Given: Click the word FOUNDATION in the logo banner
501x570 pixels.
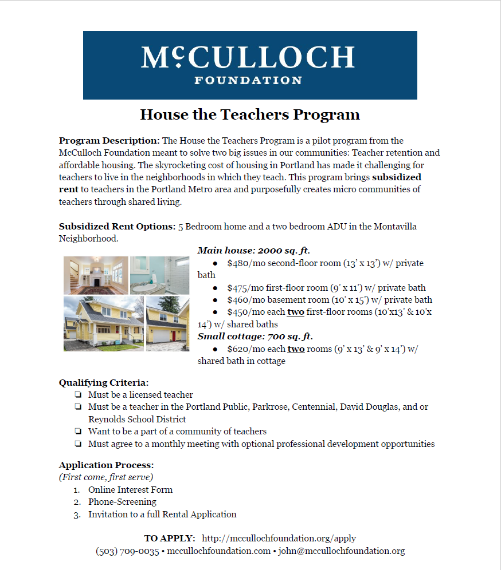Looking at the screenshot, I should coord(248,80).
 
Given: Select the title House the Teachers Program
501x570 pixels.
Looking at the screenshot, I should coord(250,114).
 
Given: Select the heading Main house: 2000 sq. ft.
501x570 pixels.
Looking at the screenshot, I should coord(254,251).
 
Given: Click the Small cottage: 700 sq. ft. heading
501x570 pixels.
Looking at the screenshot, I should coord(255,337).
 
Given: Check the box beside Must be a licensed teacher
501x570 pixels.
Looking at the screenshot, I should coord(77,395).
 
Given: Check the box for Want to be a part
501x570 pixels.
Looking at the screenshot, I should coord(77,432).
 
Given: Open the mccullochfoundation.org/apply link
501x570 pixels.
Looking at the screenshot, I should coord(279,539).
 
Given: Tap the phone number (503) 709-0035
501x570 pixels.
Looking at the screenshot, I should coord(127,551).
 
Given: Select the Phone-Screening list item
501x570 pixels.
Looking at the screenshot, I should coord(122,502).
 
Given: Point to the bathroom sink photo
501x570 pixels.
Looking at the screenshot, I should coord(159,275).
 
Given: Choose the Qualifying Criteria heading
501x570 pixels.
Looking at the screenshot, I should coord(104,382).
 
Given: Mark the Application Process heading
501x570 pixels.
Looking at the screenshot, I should coord(106,465).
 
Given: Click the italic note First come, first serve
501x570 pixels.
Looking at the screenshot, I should coord(106,477).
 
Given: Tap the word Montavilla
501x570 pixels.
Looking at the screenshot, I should coord(395,227).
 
